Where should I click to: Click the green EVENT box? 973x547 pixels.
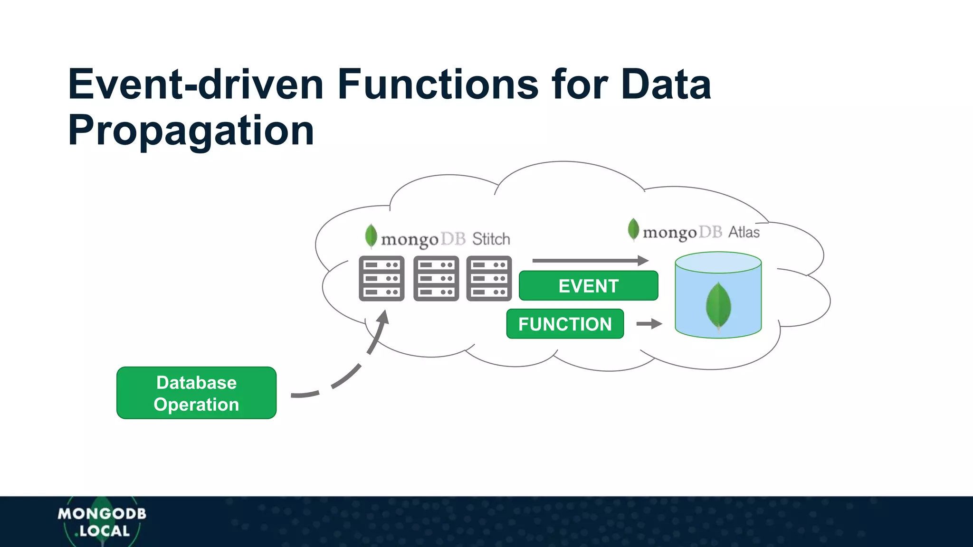click(x=588, y=286)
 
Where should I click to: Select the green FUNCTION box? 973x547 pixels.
click(x=565, y=324)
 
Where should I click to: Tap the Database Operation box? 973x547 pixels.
click(x=196, y=393)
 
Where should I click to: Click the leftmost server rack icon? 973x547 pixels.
click(x=382, y=279)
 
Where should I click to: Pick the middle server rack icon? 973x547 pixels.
click(x=436, y=279)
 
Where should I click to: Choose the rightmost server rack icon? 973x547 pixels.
click(x=489, y=279)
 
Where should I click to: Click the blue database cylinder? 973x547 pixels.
click(x=718, y=295)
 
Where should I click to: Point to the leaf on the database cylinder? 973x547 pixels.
click(x=718, y=306)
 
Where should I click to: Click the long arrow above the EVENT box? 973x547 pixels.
click(x=590, y=260)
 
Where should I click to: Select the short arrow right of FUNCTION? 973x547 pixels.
click(x=649, y=324)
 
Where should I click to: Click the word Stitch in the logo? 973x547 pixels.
click(x=491, y=239)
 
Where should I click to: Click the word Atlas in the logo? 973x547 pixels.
click(x=744, y=232)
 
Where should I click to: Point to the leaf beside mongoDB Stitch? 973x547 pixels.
click(x=371, y=236)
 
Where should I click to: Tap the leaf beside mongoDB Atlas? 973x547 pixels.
click(x=633, y=229)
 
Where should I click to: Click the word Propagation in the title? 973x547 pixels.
click(x=191, y=130)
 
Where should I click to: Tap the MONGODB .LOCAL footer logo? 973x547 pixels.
click(x=102, y=522)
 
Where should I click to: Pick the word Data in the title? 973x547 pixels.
click(x=666, y=84)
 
